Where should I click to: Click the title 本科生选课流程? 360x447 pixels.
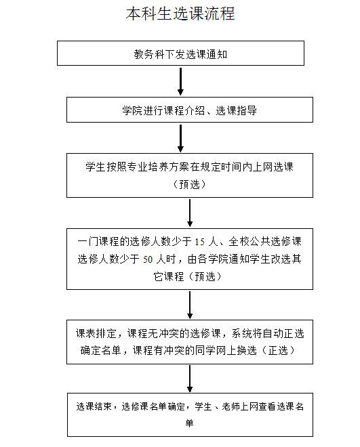[180, 14]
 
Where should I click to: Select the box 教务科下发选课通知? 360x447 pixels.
[180, 54]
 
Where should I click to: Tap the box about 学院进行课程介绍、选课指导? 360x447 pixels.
[190, 110]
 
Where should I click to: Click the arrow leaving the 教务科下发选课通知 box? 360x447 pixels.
[180, 81]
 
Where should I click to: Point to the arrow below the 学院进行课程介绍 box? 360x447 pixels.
[180, 138]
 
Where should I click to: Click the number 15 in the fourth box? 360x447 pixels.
[200, 242]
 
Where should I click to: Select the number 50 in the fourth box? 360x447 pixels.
[148, 259]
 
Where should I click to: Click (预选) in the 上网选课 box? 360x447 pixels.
[189, 184]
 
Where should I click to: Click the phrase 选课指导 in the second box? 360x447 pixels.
[236, 110]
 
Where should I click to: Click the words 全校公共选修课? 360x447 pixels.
[265, 242]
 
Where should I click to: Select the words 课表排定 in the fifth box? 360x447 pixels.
[96, 333]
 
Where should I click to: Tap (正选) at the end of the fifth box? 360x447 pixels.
[277, 350]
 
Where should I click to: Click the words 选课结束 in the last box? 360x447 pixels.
[94, 406]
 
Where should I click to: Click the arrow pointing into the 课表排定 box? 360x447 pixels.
[190, 305]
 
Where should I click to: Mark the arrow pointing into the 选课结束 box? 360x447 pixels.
[190, 379]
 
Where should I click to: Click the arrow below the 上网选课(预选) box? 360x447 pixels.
[190, 213]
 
